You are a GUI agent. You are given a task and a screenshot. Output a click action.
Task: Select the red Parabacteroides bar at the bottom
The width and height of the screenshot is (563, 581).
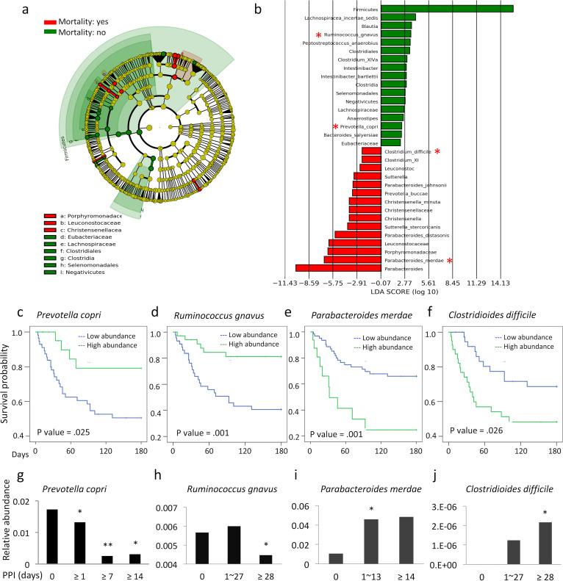point(338,268)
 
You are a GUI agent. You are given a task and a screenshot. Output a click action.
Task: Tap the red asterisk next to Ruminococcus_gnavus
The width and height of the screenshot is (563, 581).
point(318,35)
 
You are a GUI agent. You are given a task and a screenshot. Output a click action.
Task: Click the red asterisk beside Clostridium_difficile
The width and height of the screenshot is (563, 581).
point(438,151)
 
